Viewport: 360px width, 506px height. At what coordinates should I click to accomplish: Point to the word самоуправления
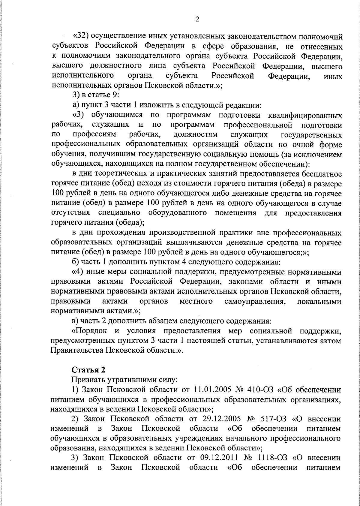(255, 301)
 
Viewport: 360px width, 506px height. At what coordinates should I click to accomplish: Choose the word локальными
(319, 301)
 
